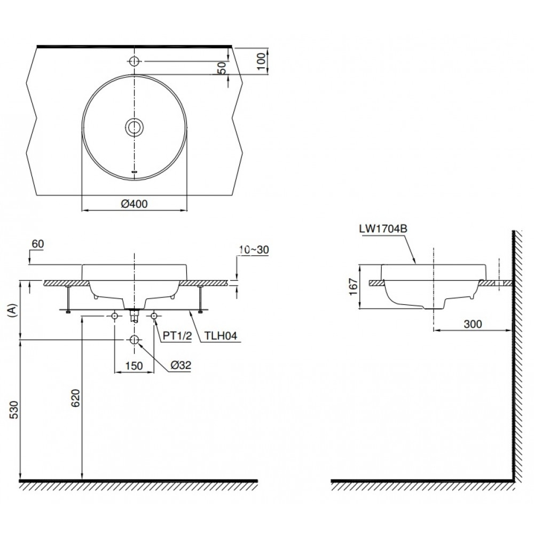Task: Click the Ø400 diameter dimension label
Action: click(134, 203)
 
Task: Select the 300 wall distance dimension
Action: click(473, 324)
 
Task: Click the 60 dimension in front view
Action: click(37, 244)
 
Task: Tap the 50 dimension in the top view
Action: click(223, 67)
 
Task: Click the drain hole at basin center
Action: click(134, 127)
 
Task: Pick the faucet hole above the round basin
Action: click(134, 61)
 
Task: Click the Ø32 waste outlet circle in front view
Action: click(134, 340)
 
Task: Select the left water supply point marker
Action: click(115, 317)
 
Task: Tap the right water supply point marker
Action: click(154, 317)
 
